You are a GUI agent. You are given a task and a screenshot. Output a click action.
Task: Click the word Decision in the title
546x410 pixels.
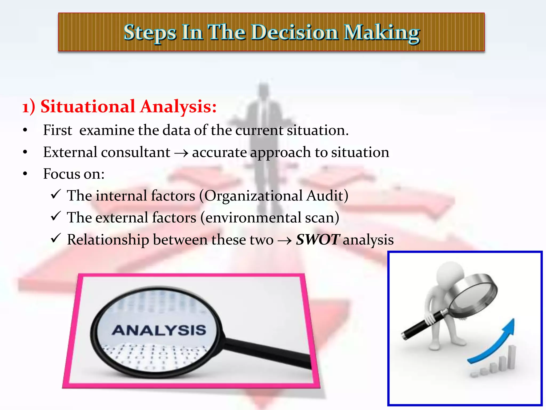point(295,33)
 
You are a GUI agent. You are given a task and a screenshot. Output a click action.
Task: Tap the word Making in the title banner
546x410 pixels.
point(382,33)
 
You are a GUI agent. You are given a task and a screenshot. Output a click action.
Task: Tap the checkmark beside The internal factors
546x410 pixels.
point(56,194)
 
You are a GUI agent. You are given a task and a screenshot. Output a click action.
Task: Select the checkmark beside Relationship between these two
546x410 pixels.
point(56,238)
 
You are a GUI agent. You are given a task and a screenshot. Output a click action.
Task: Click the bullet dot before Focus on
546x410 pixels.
point(25,174)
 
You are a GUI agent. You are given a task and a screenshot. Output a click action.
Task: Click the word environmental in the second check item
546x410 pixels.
point(253,218)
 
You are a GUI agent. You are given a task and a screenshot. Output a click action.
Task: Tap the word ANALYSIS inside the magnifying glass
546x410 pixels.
point(159,330)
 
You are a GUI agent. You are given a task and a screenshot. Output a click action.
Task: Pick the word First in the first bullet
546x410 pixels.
point(57,130)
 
